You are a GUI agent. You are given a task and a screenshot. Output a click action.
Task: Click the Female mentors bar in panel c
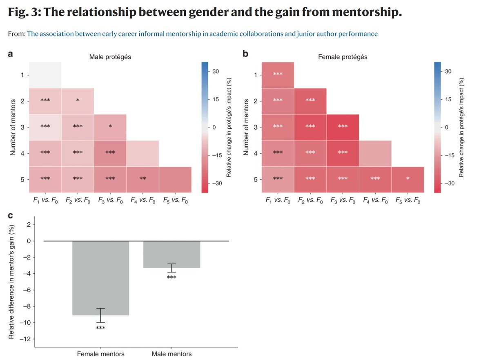pyautogui.click(x=100, y=278)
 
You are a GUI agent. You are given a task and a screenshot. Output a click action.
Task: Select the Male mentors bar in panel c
pyautogui.click(x=171, y=254)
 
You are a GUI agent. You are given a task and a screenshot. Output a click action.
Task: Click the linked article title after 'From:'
pyautogui.click(x=202, y=34)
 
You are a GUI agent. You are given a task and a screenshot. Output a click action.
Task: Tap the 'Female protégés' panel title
pyautogui.click(x=342, y=57)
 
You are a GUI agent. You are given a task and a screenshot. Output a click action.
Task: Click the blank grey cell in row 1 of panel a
pyautogui.click(x=45, y=75)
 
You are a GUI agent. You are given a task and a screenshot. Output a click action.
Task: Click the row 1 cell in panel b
pyautogui.click(x=278, y=75)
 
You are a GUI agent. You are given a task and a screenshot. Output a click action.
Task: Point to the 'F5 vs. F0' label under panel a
pyautogui.click(x=175, y=201)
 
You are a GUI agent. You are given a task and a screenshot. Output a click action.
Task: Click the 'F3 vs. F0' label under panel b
pyautogui.click(x=342, y=201)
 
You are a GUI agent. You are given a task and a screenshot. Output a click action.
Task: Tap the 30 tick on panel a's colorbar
pyautogui.click(x=216, y=72)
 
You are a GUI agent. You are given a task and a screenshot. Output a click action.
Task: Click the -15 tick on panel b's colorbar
pyautogui.click(x=448, y=155)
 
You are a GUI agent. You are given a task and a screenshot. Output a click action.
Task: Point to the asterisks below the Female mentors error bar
pyautogui.click(x=100, y=328)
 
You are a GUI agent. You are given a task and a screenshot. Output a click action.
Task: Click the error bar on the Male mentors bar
pyautogui.click(x=171, y=268)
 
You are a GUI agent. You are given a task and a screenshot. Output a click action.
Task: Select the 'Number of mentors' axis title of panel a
pyautogui.click(x=13, y=127)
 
